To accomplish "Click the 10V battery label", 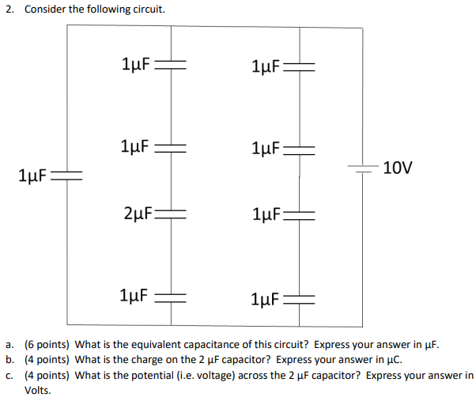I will click(x=397, y=168).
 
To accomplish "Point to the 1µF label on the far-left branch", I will click(x=32, y=174).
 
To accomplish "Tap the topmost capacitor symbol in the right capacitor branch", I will click(x=300, y=66).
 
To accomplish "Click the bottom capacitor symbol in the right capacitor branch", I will click(x=300, y=299).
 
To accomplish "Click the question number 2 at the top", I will click(x=9, y=9).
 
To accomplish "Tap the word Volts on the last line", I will click(x=37, y=390).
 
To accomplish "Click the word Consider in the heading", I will click(x=44, y=9).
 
